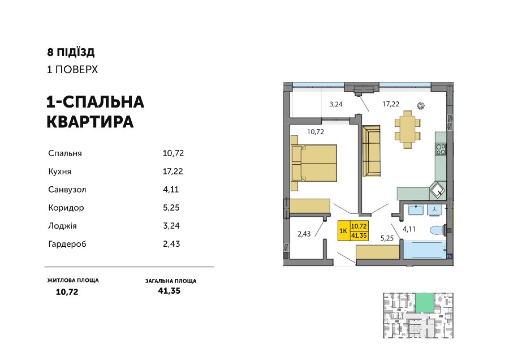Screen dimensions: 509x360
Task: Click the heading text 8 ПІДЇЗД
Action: point(71,52)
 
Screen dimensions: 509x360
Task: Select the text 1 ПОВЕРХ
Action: point(72,70)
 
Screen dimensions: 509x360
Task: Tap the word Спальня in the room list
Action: point(65,153)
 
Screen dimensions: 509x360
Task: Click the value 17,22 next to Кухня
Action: point(172,172)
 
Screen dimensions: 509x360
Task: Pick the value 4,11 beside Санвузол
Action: point(171,190)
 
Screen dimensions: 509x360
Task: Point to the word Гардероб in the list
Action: point(67,244)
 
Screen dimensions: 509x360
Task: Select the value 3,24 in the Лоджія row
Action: point(171,226)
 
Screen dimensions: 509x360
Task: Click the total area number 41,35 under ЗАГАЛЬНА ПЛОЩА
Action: point(169,291)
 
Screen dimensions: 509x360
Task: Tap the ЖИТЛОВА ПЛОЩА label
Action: point(73,280)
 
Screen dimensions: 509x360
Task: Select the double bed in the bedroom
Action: point(314,163)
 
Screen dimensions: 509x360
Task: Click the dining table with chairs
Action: point(407,129)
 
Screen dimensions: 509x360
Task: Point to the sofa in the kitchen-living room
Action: point(371,151)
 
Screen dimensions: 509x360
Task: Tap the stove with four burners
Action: point(441,149)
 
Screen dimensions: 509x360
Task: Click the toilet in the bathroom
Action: point(438,230)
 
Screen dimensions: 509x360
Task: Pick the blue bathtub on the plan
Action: point(425,250)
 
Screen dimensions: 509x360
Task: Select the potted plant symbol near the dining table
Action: point(421,106)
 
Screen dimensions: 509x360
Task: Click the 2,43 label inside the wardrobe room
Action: point(304,234)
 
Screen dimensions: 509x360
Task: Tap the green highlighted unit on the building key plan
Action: point(424,303)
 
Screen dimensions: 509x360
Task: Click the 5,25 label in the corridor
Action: point(387,238)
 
